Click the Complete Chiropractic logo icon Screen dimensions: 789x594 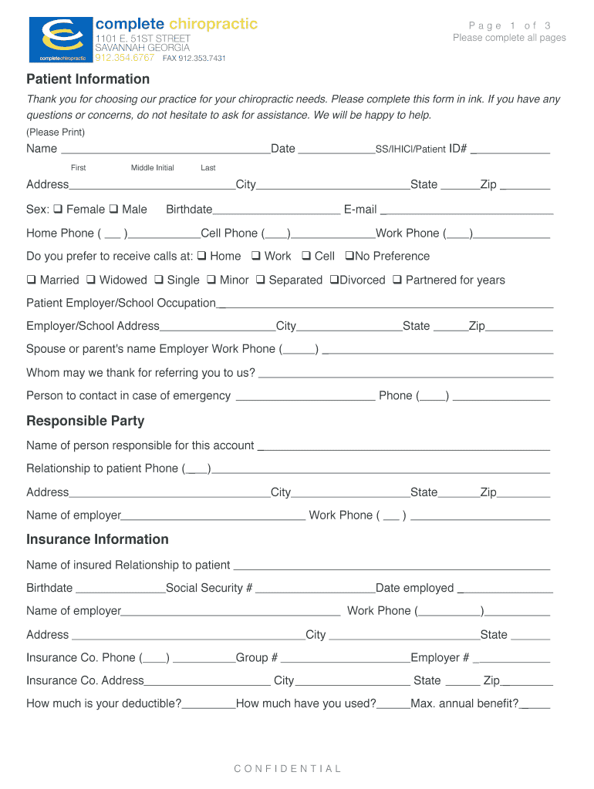pos(60,39)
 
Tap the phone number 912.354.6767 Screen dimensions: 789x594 pos(124,58)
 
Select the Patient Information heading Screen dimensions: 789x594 pos(88,79)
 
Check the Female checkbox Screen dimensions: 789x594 pos(59,210)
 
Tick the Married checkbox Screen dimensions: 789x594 pos(32,280)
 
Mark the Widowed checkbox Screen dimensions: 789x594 pos(91,280)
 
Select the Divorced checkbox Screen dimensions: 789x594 pos(334,280)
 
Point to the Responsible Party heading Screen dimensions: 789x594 pos(85,421)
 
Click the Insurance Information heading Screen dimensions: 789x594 pos(97,539)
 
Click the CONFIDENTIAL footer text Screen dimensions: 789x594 pos(288,768)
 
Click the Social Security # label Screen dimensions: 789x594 pos(209,588)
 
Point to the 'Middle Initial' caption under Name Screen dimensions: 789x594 pos(152,168)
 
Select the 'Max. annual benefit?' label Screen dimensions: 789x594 pos(464,703)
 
